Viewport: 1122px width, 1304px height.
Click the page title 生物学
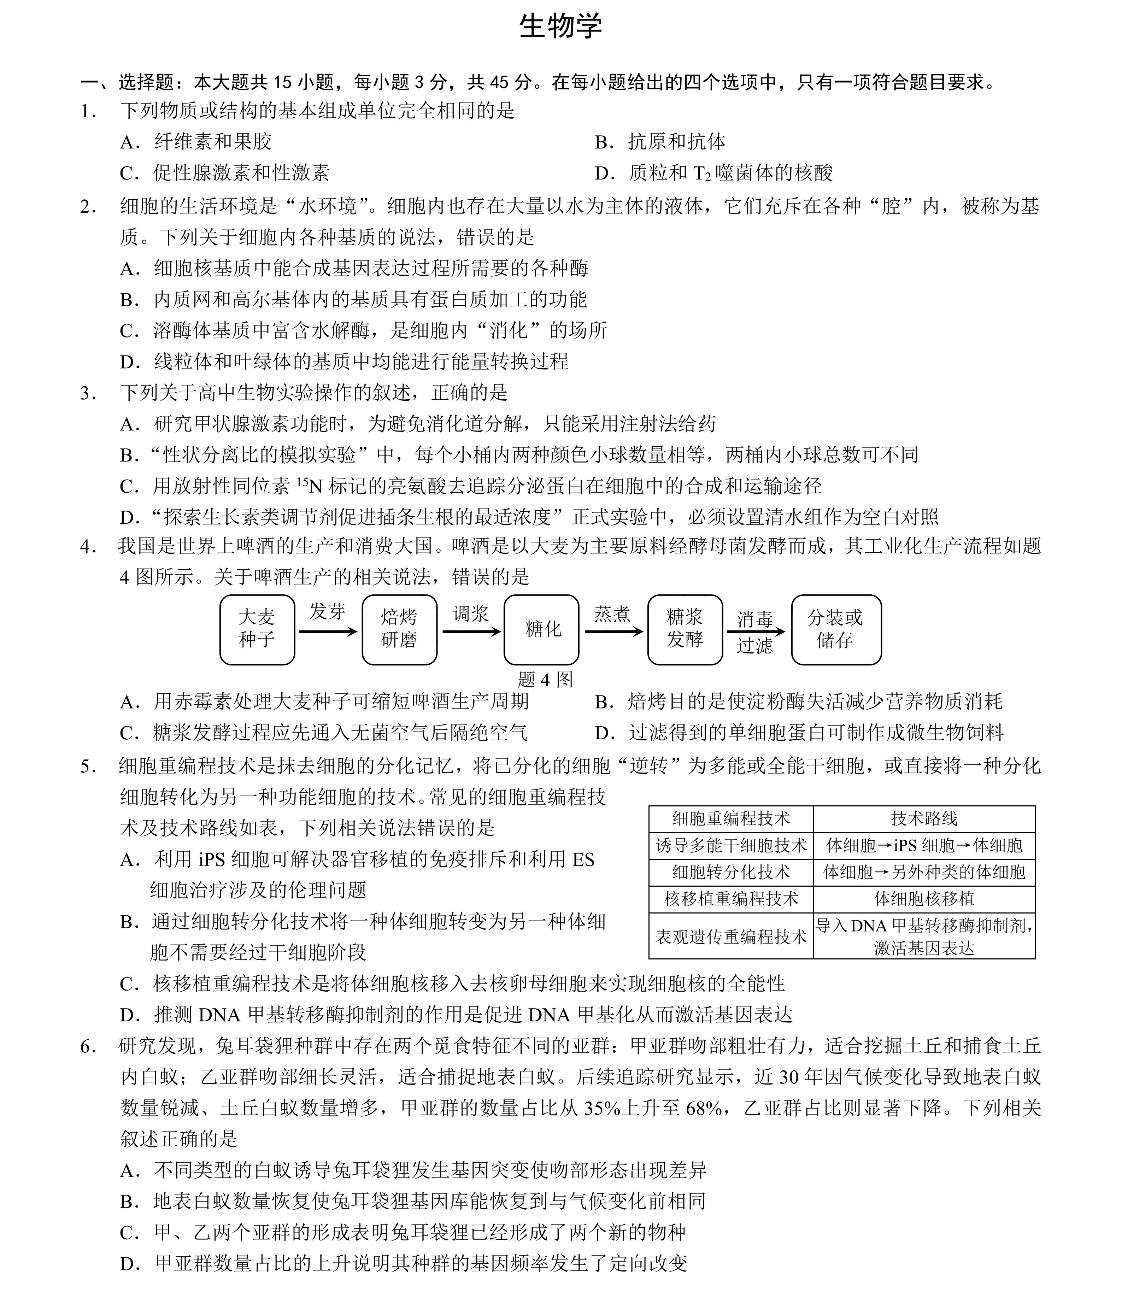click(561, 27)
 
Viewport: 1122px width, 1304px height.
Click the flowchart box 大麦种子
click(257, 629)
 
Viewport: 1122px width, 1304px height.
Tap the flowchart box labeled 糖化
click(542, 629)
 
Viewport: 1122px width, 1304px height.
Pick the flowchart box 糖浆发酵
click(685, 629)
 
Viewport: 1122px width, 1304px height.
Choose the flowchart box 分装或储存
click(836, 629)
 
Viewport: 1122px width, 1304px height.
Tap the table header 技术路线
click(924, 818)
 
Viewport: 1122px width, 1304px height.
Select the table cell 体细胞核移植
click(924, 899)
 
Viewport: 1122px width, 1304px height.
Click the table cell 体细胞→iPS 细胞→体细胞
click(924, 845)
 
